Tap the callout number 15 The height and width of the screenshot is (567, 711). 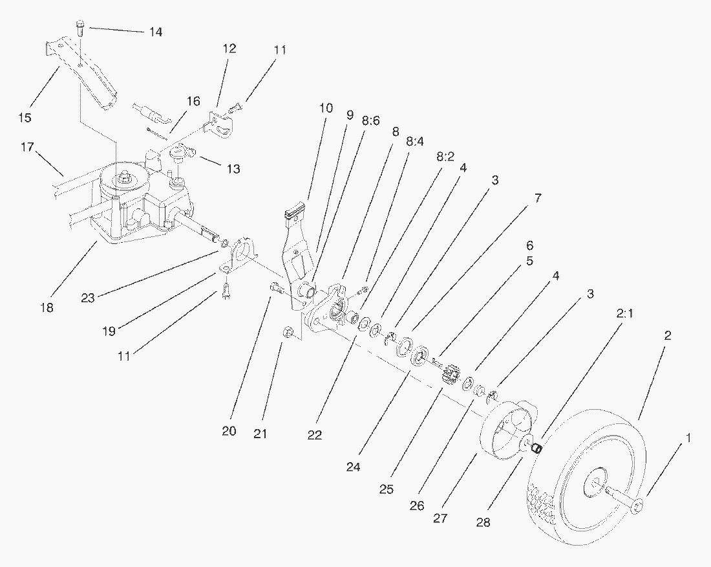[25, 117]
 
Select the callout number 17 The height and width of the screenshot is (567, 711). [27, 148]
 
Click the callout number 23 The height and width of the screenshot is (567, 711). [88, 298]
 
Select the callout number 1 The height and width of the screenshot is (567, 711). [688, 438]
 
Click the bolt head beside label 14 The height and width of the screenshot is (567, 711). [80, 26]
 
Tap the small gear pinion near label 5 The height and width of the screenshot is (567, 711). [451, 375]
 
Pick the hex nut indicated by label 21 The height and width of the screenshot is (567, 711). [289, 333]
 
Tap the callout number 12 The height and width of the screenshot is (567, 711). [230, 49]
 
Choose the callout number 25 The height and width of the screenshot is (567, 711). [387, 489]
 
